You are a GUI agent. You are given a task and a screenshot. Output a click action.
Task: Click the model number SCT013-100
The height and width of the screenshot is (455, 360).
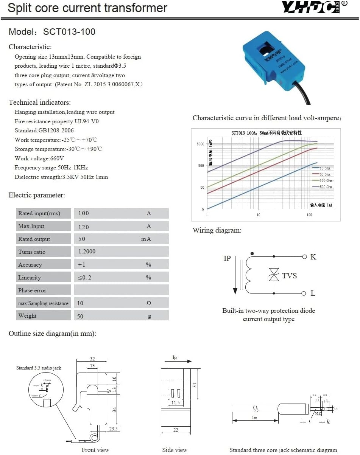[69, 32]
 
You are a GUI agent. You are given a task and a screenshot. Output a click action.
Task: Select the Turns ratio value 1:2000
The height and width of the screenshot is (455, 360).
[87, 252]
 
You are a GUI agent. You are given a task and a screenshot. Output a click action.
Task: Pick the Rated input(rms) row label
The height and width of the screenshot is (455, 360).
[39, 213]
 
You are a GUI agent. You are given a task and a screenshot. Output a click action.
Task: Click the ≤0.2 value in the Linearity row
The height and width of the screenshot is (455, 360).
[85, 278]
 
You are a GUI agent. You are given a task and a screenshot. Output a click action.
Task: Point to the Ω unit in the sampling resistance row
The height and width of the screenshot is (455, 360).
[149, 303]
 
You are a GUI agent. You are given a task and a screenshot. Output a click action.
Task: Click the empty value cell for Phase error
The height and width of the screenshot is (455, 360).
[121, 290]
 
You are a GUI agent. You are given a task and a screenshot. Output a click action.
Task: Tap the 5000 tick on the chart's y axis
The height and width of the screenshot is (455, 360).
[200, 144]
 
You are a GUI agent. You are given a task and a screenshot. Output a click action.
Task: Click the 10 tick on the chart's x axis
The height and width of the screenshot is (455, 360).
[258, 215]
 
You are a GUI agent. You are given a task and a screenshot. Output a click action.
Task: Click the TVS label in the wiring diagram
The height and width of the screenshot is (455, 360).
[289, 276]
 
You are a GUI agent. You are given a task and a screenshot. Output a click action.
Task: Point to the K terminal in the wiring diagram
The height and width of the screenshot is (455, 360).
[313, 257]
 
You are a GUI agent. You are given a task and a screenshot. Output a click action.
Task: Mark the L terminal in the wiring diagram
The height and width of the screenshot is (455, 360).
[313, 293]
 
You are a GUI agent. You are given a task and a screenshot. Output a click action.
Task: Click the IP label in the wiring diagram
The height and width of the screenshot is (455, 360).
[227, 259]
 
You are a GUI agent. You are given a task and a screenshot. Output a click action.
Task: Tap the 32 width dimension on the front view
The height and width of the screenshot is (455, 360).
[92, 359]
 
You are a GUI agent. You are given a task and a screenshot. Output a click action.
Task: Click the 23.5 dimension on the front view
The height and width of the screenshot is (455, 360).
[113, 429]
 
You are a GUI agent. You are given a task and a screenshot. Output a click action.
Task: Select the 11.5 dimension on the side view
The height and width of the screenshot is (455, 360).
[175, 403]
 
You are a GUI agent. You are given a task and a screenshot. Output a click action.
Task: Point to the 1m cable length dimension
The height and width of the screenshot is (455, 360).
[255, 418]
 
